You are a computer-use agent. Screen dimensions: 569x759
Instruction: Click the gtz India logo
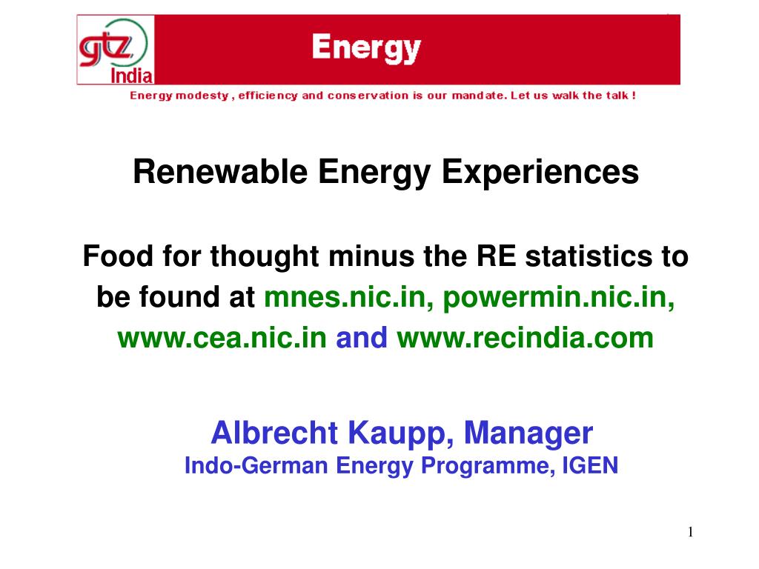tap(116, 50)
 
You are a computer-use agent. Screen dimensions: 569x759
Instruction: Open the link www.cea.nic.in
tap(222, 338)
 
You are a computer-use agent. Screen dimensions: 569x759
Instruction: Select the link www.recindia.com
tap(526, 338)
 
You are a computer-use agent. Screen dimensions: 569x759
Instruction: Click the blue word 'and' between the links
tap(362, 338)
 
